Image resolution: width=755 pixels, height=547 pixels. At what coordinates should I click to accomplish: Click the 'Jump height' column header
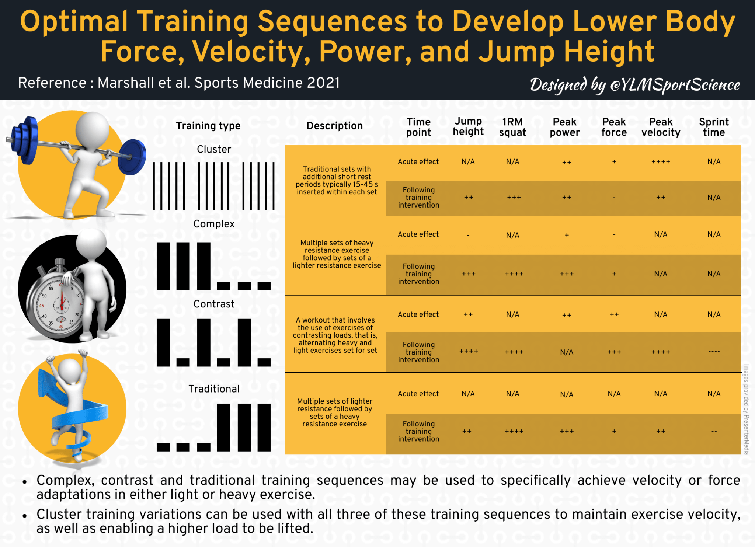click(x=468, y=126)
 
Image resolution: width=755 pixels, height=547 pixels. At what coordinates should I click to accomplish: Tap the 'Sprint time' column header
click(x=714, y=127)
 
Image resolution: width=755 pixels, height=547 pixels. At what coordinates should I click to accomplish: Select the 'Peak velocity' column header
click(x=661, y=127)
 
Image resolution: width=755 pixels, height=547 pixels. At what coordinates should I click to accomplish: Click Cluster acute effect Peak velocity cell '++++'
click(x=661, y=162)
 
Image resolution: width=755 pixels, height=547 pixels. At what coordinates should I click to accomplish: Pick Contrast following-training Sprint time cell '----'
click(x=714, y=352)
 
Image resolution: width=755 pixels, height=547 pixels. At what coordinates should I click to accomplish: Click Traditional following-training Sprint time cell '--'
click(x=714, y=431)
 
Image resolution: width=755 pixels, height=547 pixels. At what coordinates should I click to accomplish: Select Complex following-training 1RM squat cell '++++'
click(x=514, y=274)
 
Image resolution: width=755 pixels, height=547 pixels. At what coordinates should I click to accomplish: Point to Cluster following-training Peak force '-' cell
click(x=614, y=198)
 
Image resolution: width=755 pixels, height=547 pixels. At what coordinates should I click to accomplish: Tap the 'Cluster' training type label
click(x=214, y=149)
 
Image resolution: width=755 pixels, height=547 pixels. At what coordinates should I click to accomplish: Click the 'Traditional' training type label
click(x=214, y=389)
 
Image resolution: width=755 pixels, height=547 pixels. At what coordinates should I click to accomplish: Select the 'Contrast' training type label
click(x=214, y=304)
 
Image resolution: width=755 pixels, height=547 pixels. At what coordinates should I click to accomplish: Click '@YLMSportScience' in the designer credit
click(x=675, y=85)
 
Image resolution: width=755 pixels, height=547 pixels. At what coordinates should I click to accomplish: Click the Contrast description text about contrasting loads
click(x=335, y=335)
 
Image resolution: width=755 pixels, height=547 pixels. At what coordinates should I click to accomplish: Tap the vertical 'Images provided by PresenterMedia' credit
click(x=746, y=409)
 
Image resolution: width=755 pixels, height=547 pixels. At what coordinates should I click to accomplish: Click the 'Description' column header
click(x=334, y=126)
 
